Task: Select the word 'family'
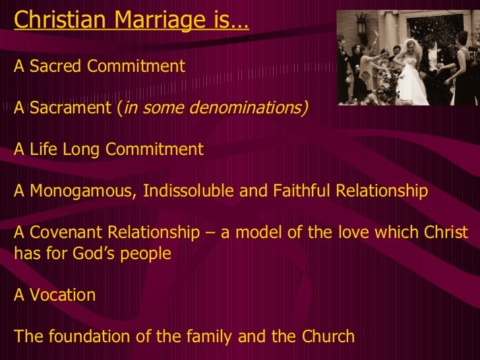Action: coord(222,336)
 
